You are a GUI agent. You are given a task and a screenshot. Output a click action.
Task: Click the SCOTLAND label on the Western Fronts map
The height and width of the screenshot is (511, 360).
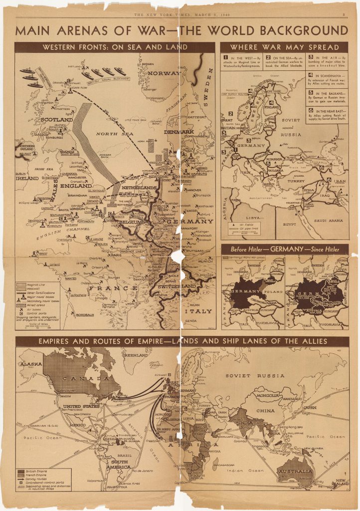(x=57, y=120)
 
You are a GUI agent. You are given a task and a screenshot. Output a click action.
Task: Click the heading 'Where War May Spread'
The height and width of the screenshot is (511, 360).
(x=284, y=47)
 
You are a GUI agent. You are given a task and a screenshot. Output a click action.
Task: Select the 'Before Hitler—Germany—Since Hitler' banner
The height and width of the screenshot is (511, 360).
(x=284, y=249)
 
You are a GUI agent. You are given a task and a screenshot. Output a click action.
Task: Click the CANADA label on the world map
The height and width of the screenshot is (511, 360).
(x=80, y=379)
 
